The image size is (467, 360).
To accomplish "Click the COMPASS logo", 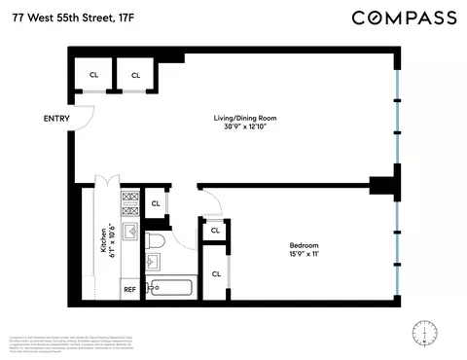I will (x=403, y=18).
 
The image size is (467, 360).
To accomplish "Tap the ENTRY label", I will (x=57, y=120).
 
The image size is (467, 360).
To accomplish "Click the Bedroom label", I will (x=303, y=244).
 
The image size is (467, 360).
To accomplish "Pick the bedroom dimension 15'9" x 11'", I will (x=303, y=254).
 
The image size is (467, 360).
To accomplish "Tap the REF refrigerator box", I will (x=129, y=289).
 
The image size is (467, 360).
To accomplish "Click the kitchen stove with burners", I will (x=129, y=203).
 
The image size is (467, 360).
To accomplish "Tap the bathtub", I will (x=171, y=288).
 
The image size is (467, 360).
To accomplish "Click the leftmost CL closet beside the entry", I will (x=94, y=75).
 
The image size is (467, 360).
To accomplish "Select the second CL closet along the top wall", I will (x=135, y=75).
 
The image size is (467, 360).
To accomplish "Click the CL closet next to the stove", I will (x=156, y=203).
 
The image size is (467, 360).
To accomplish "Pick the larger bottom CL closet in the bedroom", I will (x=216, y=273).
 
